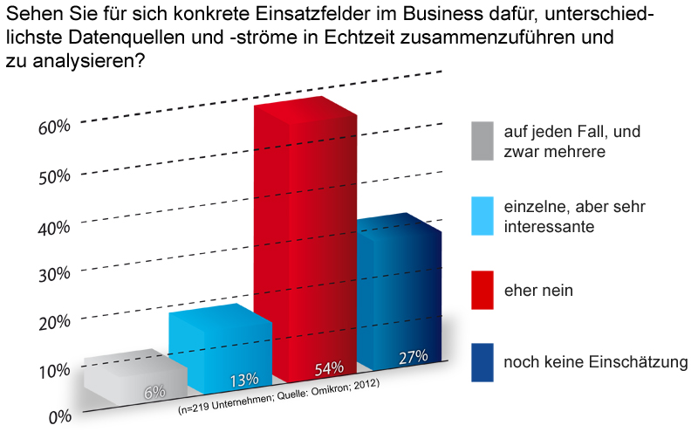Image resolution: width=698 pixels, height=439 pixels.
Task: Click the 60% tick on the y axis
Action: pyautogui.click(x=54, y=126)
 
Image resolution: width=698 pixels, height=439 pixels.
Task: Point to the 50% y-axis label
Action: pyautogui.click(x=54, y=175)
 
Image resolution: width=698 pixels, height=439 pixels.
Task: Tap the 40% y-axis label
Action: pyautogui.click(x=54, y=227)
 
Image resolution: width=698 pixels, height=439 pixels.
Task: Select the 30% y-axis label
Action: pyautogui.click(x=54, y=273)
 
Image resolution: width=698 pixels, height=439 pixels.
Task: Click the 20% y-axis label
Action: pyautogui.click(x=54, y=321)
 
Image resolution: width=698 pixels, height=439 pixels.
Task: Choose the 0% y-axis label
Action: pyautogui.click(x=59, y=416)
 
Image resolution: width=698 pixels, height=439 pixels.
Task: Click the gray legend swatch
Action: pyautogui.click(x=482, y=142)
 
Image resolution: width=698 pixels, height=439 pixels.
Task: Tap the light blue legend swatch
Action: pyautogui.click(x=482, y=217)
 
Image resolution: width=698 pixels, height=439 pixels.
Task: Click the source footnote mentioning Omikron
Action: pyautogui.click(x=277, y=398)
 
